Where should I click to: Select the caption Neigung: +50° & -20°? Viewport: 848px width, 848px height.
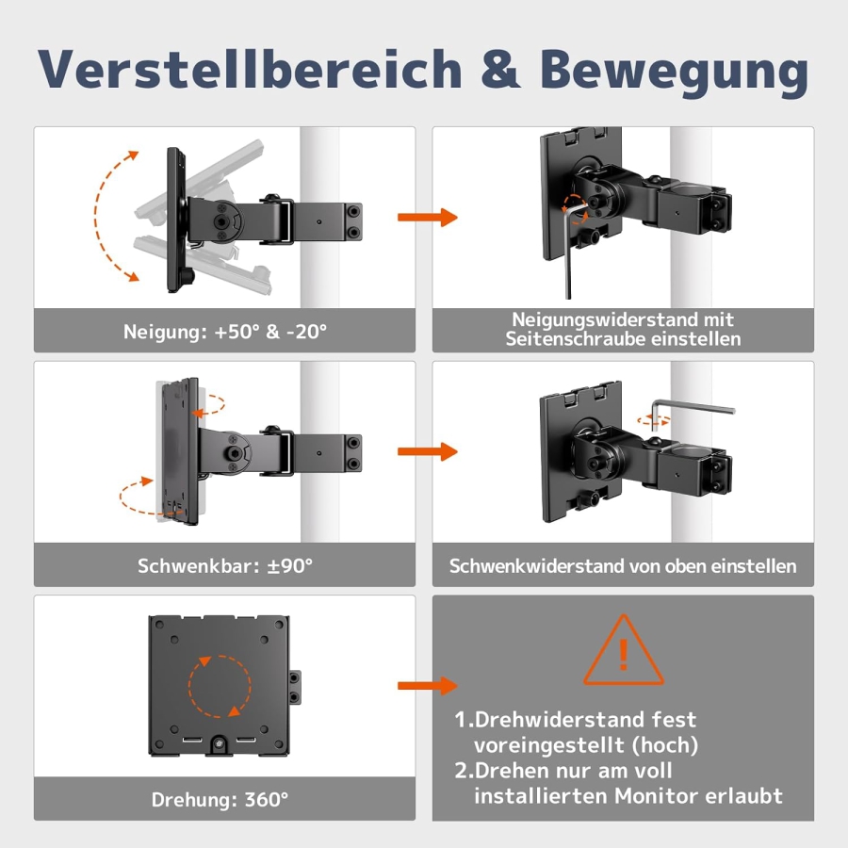pos(225,332)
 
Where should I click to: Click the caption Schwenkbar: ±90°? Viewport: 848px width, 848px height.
pos(225,566)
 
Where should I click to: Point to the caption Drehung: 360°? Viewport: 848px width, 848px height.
pos(220,800)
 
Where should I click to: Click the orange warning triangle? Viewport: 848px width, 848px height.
pos(623,652)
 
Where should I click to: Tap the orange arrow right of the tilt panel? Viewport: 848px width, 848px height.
pos(426,218)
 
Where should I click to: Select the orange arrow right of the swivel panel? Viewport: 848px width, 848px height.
pos(426,451)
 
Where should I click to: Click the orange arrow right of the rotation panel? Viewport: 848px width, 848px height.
pos(426,686)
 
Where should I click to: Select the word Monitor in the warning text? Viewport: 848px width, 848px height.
pos(660,795)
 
